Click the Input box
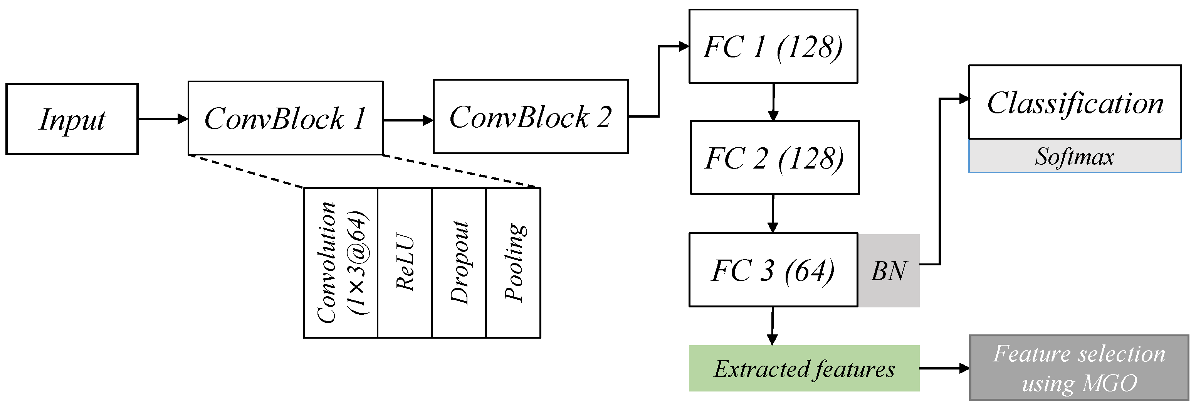[x=72, y=119]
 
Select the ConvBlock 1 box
[x=286, y=118]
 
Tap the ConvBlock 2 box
[x=531, y=116]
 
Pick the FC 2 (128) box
[x=775, y=158]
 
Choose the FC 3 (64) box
[x=773, y=270]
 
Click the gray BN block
[x=889, y=270]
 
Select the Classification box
[x=1075, y=102]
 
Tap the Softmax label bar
[x=1075, y=156]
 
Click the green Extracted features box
[x=804, y=368]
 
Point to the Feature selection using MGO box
[x=1079, y=368]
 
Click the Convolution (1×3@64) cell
[x=341, y=263]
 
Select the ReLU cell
[x=405, y=263]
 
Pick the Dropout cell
[x=459, y=263]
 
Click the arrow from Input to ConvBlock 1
[x=163, y=119]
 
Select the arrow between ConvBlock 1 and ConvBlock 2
[x=408, y=120]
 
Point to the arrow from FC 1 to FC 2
[x=773, y=102]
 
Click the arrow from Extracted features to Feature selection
[x=944, y=368]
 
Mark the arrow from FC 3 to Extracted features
[x=773, y=326]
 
